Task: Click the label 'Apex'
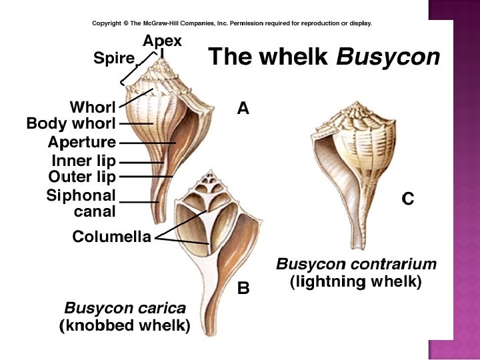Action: tap(162, 41)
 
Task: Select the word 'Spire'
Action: tap(114, 59)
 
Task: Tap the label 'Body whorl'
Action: tap(71, 123)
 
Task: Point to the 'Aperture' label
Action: tap(82, 142)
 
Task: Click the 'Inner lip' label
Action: tap(84, 161)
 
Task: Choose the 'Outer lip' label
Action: tap(83, 177)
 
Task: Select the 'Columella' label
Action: tap(111, 237)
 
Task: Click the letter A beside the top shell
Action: tap(243, 108)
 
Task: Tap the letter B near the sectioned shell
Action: tap(243, 289)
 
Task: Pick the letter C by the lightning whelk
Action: tap(408, 198)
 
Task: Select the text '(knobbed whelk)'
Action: tap(125, 326)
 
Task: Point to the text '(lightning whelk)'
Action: tap(356, 281)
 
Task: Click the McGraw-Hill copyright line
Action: tap(231, 23)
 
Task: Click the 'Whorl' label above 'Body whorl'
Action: tap(93, 107)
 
